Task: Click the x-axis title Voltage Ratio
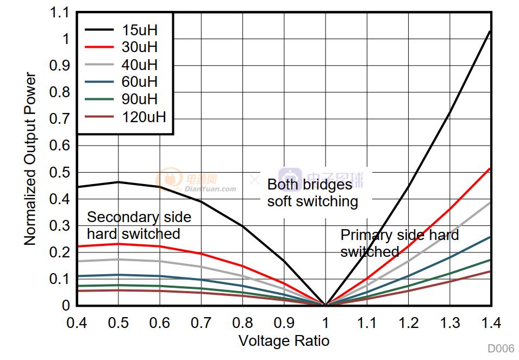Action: click(x=284, y=341)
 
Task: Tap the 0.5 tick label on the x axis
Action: click(x=118, y=323)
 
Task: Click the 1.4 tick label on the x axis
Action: click(x=491, y=323)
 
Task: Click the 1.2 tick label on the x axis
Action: click(x=408, y=323)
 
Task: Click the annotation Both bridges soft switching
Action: click(x=312, y=193)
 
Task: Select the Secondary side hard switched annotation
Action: click(x=139, y=225)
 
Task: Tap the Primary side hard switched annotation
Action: click(x=399, y=243)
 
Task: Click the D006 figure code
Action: click(x=500, y=349)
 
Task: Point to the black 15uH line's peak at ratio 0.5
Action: click(x=118, y=182)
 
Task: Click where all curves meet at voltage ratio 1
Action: click(x=325, y=305)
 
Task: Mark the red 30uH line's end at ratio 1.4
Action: click(x=490, y=168)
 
